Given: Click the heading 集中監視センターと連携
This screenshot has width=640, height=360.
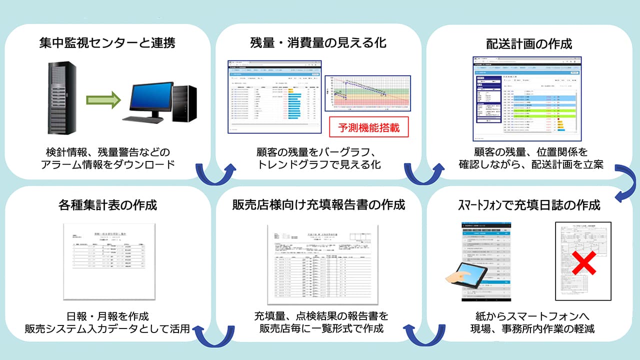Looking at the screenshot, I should click(x=107, y=43).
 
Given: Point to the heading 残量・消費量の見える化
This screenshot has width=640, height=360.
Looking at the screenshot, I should click(x=318, y=43).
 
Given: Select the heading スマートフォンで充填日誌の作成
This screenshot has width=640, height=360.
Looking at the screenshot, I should click(x=529, y=205).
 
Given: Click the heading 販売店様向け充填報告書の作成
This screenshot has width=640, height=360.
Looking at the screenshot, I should click(x=318, y=205).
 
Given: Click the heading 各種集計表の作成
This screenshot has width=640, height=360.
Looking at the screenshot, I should click(x=107, y=205).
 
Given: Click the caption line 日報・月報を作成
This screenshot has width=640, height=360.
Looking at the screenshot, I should click(x=107, y=316).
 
